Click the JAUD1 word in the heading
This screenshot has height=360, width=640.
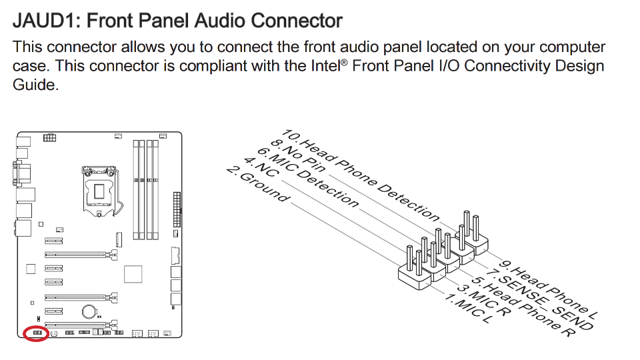click(x=46, y=20)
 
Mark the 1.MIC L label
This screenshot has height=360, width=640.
click(x=466, y=308)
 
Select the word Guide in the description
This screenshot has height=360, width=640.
click(x=35, y=86)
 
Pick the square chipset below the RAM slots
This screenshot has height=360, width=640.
click(x=133, y=275)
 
